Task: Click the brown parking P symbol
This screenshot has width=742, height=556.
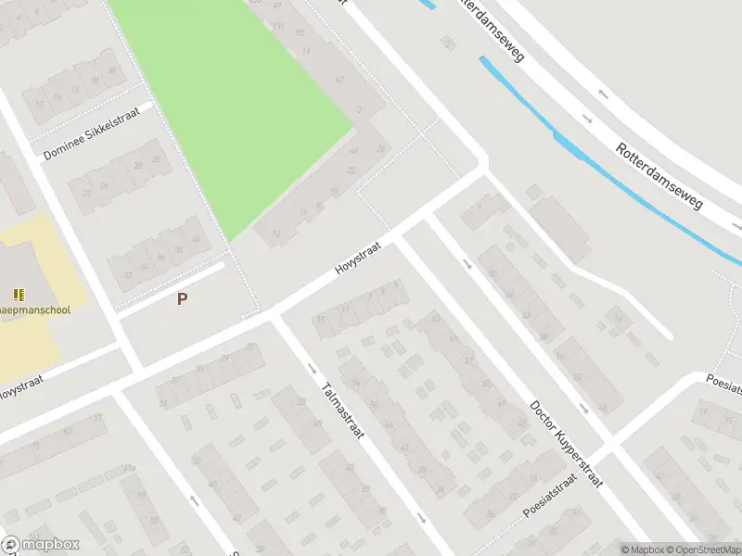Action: point(183,299)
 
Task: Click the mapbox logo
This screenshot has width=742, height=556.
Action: point(41,545)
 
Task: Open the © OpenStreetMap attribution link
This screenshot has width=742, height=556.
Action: point(701,550)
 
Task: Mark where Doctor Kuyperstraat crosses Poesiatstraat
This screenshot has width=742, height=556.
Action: point(606,452)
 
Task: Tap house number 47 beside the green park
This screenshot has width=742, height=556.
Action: point(339,80)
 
